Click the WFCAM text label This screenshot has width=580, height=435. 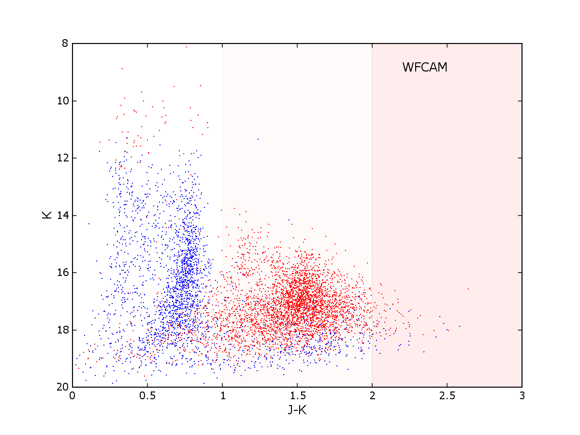click(x=425, y=68)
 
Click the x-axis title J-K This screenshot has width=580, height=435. click(x=297, y=410)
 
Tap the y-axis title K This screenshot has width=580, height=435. click(x=47, y=215)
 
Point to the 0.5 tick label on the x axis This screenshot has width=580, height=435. click(x=147, y=395)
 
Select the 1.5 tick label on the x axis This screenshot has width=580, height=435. click(x=297, y=395)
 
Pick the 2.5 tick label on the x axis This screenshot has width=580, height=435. click(x=447, y=395)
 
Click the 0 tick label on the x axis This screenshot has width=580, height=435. click(x=72, y=395)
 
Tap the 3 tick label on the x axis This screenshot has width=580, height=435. click(x=522, y=395)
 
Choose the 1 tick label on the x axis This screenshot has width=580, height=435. click(x=222, y=395)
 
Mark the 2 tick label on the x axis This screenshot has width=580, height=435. click(x=372, y=395)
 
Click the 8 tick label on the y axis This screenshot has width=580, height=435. click(x=65, y=43)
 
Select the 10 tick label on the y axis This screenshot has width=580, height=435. click(x=62, y=101)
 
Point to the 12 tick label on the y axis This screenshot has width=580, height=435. click(x=62, y=158)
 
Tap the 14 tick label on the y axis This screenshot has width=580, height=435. click(x=62, y=216)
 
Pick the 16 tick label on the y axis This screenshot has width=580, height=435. click(x=62, y=273)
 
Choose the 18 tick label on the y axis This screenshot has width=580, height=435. click(x=62, y=330)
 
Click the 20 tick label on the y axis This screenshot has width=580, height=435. click(x=62, y=387)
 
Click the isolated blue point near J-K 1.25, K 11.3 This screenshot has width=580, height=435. click(x=258, y=139)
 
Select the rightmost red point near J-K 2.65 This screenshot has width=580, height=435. click(x=468, y=289)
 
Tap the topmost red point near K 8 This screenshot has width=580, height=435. click(x=186, y=47)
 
